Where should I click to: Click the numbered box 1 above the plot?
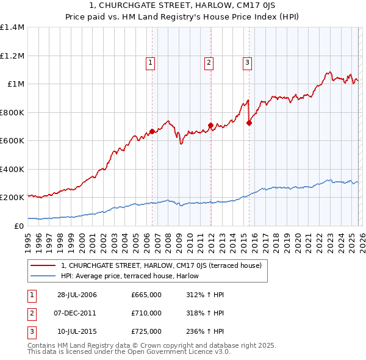click(x=150, y=61)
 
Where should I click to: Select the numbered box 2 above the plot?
click(x=209, y=61)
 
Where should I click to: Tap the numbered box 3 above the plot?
click(x=247, y=61)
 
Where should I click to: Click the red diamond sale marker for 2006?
click(x=152, y=131)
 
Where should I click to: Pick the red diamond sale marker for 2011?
click(x=210, y=126)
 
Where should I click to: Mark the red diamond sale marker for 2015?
click(x=249, y=123)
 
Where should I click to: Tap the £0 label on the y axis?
click(x=18, y=226)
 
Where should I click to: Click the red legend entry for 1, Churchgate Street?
click(x=161, y=265)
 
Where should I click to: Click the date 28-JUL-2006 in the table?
click(x=77, y=295)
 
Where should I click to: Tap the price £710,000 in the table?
click(x=146, y=313)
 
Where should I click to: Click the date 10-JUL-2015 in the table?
click(x=77, y=331)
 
